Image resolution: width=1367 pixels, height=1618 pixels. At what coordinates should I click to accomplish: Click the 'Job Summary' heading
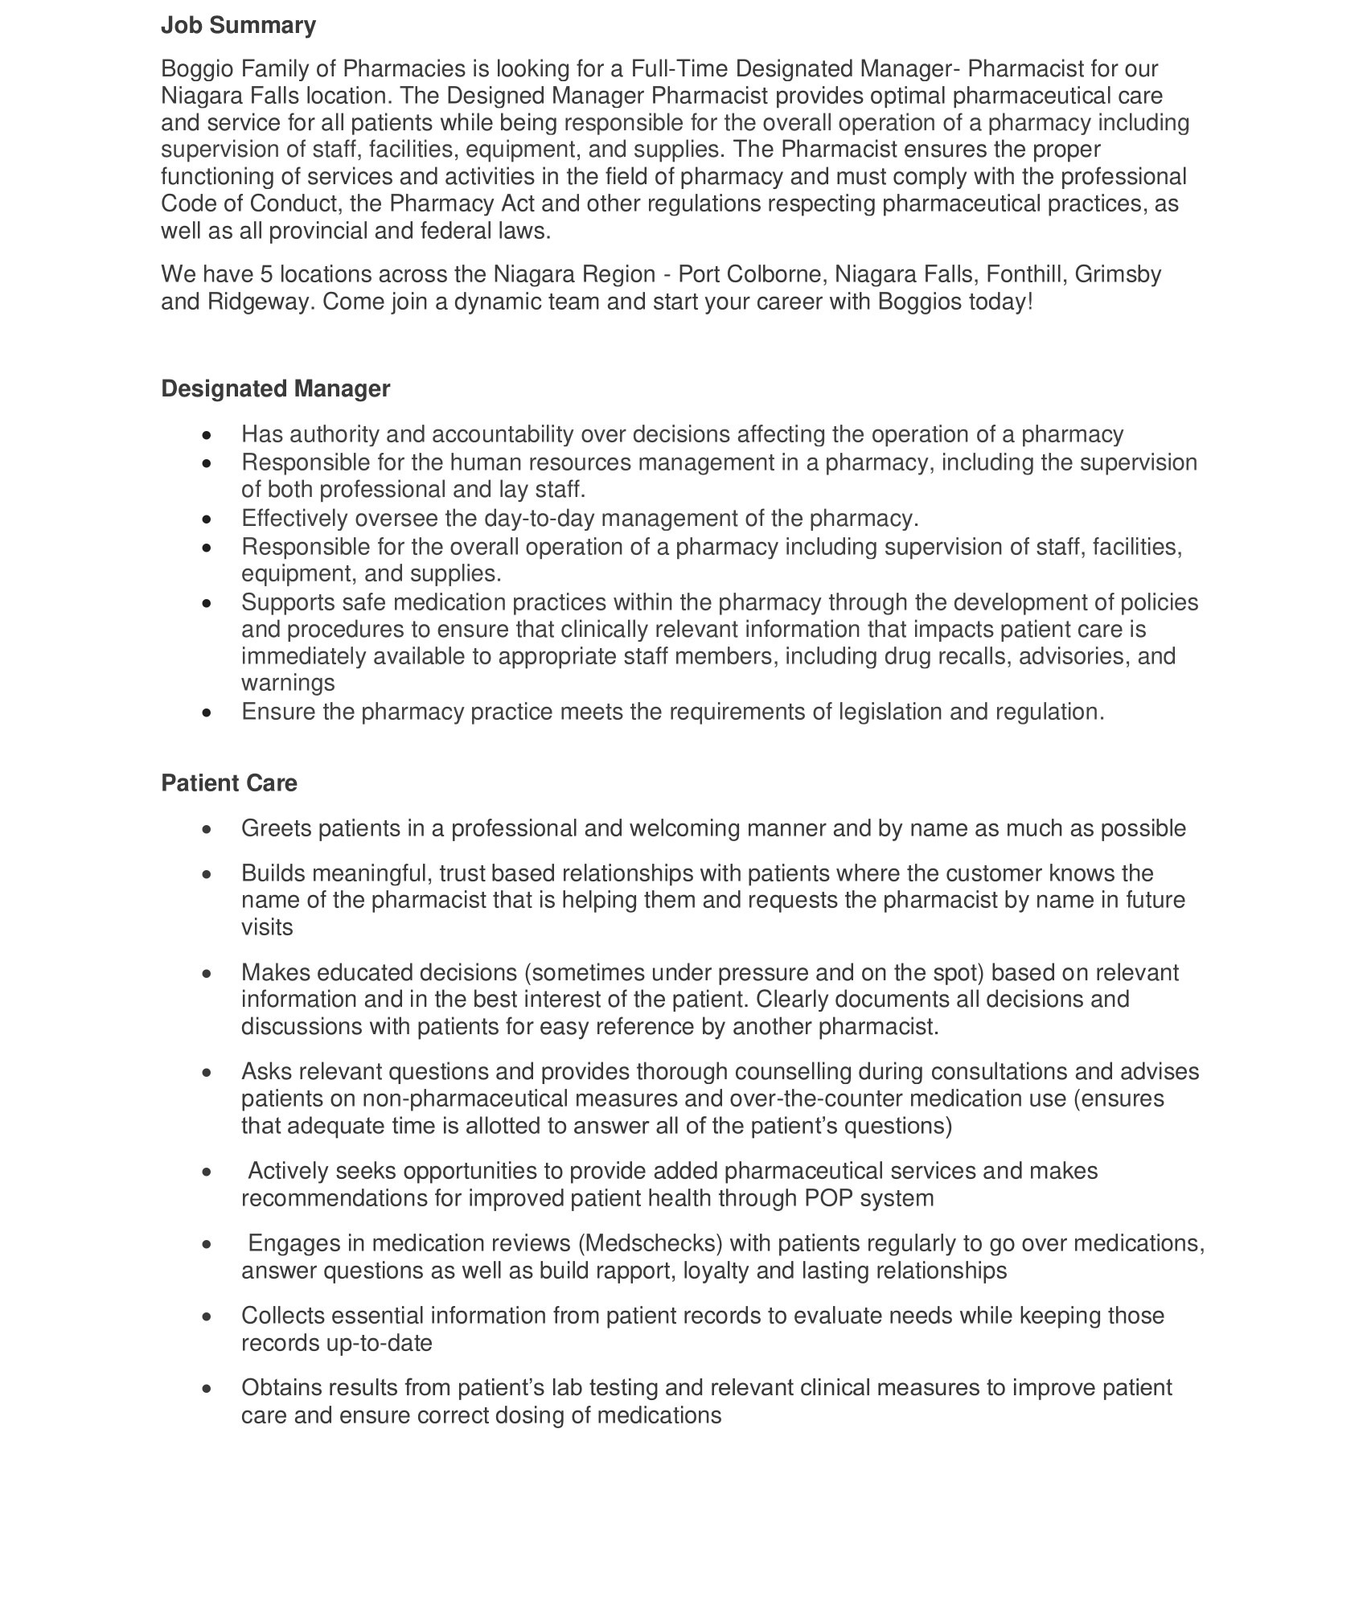[238, 26]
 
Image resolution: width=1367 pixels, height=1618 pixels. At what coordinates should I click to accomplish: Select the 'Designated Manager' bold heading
[275, 389]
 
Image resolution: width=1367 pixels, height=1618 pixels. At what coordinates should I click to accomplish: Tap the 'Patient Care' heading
[229, 783]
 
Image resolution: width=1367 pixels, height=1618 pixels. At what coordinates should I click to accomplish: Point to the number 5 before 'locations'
[267, 275]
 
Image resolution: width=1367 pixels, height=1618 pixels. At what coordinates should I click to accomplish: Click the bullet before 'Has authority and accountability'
[208, 435]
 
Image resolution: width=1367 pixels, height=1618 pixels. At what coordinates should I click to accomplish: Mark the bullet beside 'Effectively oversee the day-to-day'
[208, 519]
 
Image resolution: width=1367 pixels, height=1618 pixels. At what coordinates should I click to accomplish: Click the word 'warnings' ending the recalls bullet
[288, 684]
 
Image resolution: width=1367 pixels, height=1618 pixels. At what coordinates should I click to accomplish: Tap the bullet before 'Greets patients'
[208, 829]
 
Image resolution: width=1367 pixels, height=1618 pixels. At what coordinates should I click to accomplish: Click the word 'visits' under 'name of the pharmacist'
[267, 927]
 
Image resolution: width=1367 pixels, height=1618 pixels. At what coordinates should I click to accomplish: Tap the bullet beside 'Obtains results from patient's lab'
[208, 1389]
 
